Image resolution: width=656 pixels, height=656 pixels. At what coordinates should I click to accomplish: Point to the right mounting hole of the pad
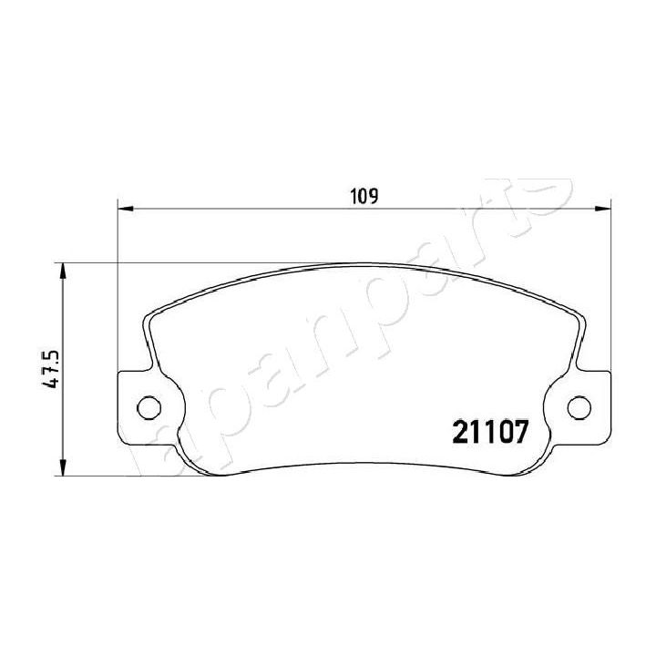click(x=579, y=406)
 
